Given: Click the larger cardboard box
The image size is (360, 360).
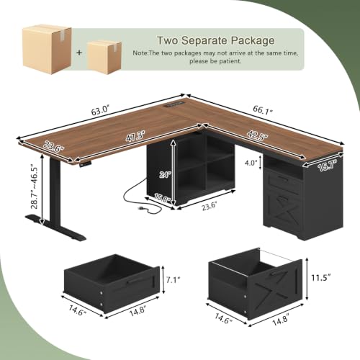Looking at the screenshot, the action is click(x=47, y=49).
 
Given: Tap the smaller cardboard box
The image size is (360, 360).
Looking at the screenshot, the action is click(x=104, y=57).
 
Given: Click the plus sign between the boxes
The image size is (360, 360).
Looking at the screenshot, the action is click(x=79, y=53).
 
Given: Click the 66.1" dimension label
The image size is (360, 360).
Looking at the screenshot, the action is click(x=263, y=110).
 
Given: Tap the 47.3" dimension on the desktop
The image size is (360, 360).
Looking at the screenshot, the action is click(x=135, y=137).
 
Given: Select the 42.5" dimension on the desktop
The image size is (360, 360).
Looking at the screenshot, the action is click(x=258, y=136).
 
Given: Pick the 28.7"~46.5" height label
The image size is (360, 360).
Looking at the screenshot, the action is click(x=35, y=186).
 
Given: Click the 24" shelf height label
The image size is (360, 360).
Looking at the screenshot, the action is click(x=166, y=174).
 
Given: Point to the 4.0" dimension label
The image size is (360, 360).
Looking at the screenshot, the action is click(x=251, y=163).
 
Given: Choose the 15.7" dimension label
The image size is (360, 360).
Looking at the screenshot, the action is click(x=328, y=166).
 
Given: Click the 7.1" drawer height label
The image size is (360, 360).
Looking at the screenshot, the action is click(x=173, y=280).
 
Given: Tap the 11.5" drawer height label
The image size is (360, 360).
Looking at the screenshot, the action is click(x=321, y=278).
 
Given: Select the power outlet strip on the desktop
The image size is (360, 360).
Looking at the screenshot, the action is click(x=174, y=104).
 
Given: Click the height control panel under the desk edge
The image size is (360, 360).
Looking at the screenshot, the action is click(x=86, y=163).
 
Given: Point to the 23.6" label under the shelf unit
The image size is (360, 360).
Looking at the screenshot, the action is click(x=210, y=207).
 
